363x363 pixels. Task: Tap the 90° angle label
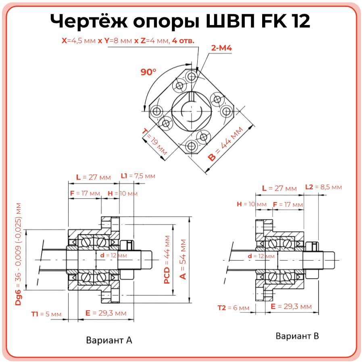148,72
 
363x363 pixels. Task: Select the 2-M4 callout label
221,48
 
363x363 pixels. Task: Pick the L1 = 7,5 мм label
138,176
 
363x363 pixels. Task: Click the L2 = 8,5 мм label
323,187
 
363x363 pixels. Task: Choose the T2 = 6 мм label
234,308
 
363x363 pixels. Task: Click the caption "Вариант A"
109,340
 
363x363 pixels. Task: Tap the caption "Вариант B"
297,336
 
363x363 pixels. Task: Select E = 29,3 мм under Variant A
106,313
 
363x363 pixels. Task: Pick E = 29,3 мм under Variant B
291,307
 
